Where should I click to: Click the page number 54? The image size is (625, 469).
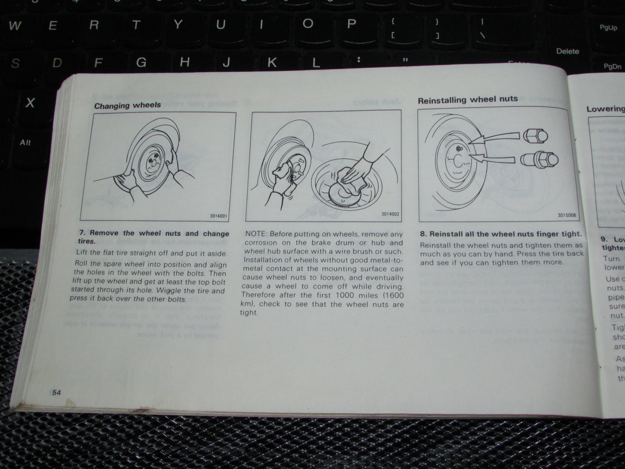point(56,392)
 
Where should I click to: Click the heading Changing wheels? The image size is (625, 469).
point(127,105)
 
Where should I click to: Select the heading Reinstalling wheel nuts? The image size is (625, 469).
point(467,100)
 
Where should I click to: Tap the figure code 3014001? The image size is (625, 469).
point(219,215)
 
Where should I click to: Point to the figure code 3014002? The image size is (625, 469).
point(390,214)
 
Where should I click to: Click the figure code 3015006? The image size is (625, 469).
point(567,215)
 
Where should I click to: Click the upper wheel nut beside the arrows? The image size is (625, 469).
point(535,136)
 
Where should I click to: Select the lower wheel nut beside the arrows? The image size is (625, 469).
point(538,159)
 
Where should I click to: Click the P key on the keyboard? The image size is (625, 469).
point(351,23)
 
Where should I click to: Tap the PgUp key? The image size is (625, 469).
point(608,28)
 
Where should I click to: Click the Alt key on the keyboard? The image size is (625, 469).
point(25,142)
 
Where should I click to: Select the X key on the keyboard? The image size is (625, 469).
point(29,103)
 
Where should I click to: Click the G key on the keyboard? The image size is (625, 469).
point(141,63)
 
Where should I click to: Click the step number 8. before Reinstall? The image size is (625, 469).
point(423,234)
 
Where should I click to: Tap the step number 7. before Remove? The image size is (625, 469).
point(82,233)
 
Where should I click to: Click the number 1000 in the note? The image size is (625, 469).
point(345,295)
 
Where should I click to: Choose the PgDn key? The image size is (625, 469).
point(612,67)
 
